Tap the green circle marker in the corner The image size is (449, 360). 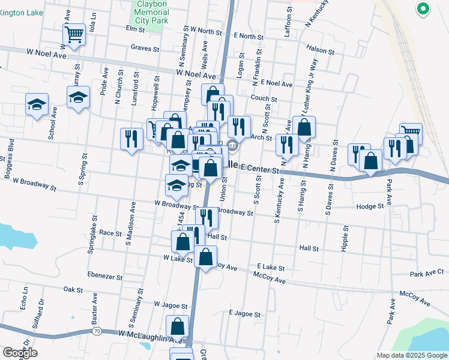tap(423, 9)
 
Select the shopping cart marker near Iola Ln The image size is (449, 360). tap(74, 35)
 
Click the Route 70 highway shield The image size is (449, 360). tap(97, 331)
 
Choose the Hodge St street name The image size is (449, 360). tap(369, 206)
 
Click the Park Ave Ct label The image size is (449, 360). tap(426, 274)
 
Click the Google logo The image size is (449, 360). tap(20, 353)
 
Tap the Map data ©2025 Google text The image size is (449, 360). tap(411, 355)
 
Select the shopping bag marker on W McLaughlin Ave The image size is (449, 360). tap(178, 327)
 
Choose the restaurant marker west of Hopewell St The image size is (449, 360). tap(130, 139)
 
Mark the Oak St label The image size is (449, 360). tap(73, 289)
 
